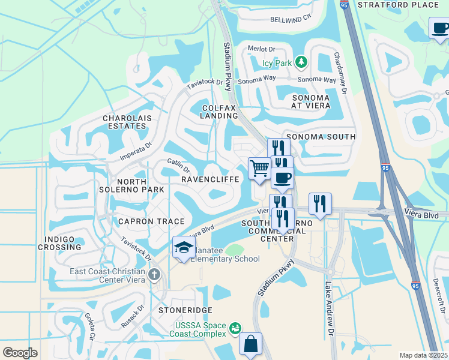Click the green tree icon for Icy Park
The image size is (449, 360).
(302, 62)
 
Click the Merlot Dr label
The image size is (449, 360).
(262, 49)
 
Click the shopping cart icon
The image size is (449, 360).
(259, 167)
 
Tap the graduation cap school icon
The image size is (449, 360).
(183, 247)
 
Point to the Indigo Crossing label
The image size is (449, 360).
(59, 243)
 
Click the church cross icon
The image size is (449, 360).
(154, 275)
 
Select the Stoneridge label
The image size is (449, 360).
(185, 310)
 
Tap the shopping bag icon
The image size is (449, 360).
(250, 344)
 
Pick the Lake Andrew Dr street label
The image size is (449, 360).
(329, 304)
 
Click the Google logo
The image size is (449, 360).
(20, 353)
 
